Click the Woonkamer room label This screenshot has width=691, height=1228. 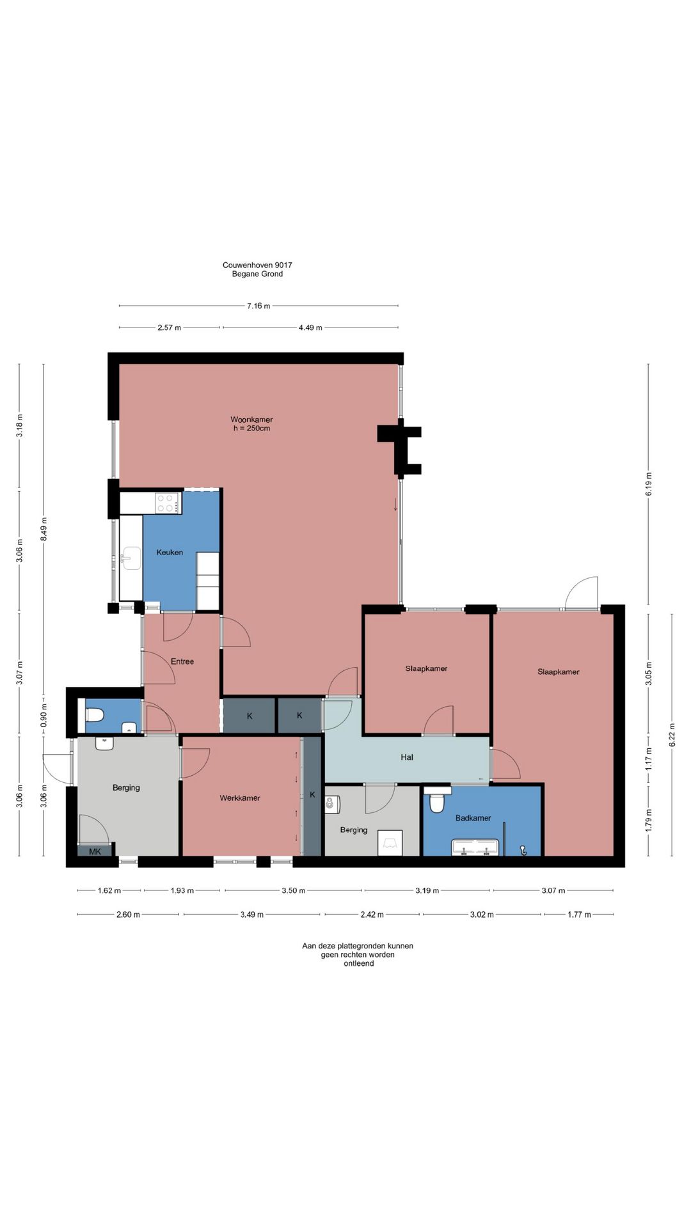[251, 420]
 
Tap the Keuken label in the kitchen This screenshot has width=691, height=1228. [170, 552]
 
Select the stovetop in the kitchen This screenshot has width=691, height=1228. [168, 503]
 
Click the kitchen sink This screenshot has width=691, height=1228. [131, 558]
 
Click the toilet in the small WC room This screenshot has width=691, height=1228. [95, 714]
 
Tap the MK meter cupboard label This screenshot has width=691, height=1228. [95, 851]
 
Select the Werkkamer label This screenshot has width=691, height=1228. [240, 798]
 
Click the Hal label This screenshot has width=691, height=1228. [407, 757]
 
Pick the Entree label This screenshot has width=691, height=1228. [182, 661]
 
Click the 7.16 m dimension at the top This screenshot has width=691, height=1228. [258, 306]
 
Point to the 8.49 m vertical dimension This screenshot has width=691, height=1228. [44, 529]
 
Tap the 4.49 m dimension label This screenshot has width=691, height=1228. [310, 327]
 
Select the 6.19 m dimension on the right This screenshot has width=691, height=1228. [648, 484]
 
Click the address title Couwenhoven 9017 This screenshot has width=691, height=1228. [257, 265]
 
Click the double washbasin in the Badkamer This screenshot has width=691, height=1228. [475, 847]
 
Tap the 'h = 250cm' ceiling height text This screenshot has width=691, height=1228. [251, 428]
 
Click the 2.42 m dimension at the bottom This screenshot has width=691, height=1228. [372, 915]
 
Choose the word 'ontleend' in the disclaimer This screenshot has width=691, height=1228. [358, 963]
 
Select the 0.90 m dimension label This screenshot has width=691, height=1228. [44, 716]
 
